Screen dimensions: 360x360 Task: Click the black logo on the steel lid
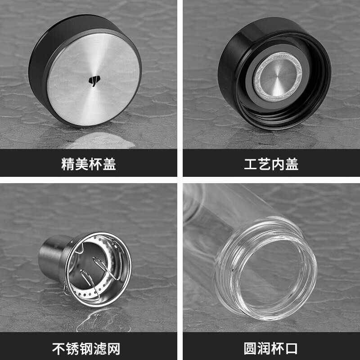coord(94,81)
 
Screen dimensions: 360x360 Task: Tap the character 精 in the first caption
coord(68,164)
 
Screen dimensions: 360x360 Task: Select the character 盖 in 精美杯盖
coord(109,164)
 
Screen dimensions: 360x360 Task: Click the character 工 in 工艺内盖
coord(251,164)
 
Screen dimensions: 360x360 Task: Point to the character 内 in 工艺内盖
coord(278,164)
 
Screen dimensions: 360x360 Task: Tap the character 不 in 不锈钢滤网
coord(59,349)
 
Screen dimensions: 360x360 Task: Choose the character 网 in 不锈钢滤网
coord(113,349)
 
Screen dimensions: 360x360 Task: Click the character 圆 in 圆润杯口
coord(251,349)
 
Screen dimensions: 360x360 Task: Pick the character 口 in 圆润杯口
coord(291,349)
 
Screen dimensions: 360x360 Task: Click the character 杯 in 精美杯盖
coord(95,164)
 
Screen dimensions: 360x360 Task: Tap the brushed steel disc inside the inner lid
coord(277,77)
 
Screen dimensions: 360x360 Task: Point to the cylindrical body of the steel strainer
coord(52,257)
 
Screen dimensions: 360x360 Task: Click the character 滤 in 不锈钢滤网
coord(100,349)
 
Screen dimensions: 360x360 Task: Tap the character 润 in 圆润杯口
coord(264,349)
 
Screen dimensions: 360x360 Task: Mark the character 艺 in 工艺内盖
coord(264,164)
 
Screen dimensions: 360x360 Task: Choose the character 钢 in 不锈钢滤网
coord(86,349)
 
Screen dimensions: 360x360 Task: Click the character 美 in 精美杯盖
coord(82,164)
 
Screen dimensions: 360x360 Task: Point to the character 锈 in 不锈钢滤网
coord(72,349)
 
